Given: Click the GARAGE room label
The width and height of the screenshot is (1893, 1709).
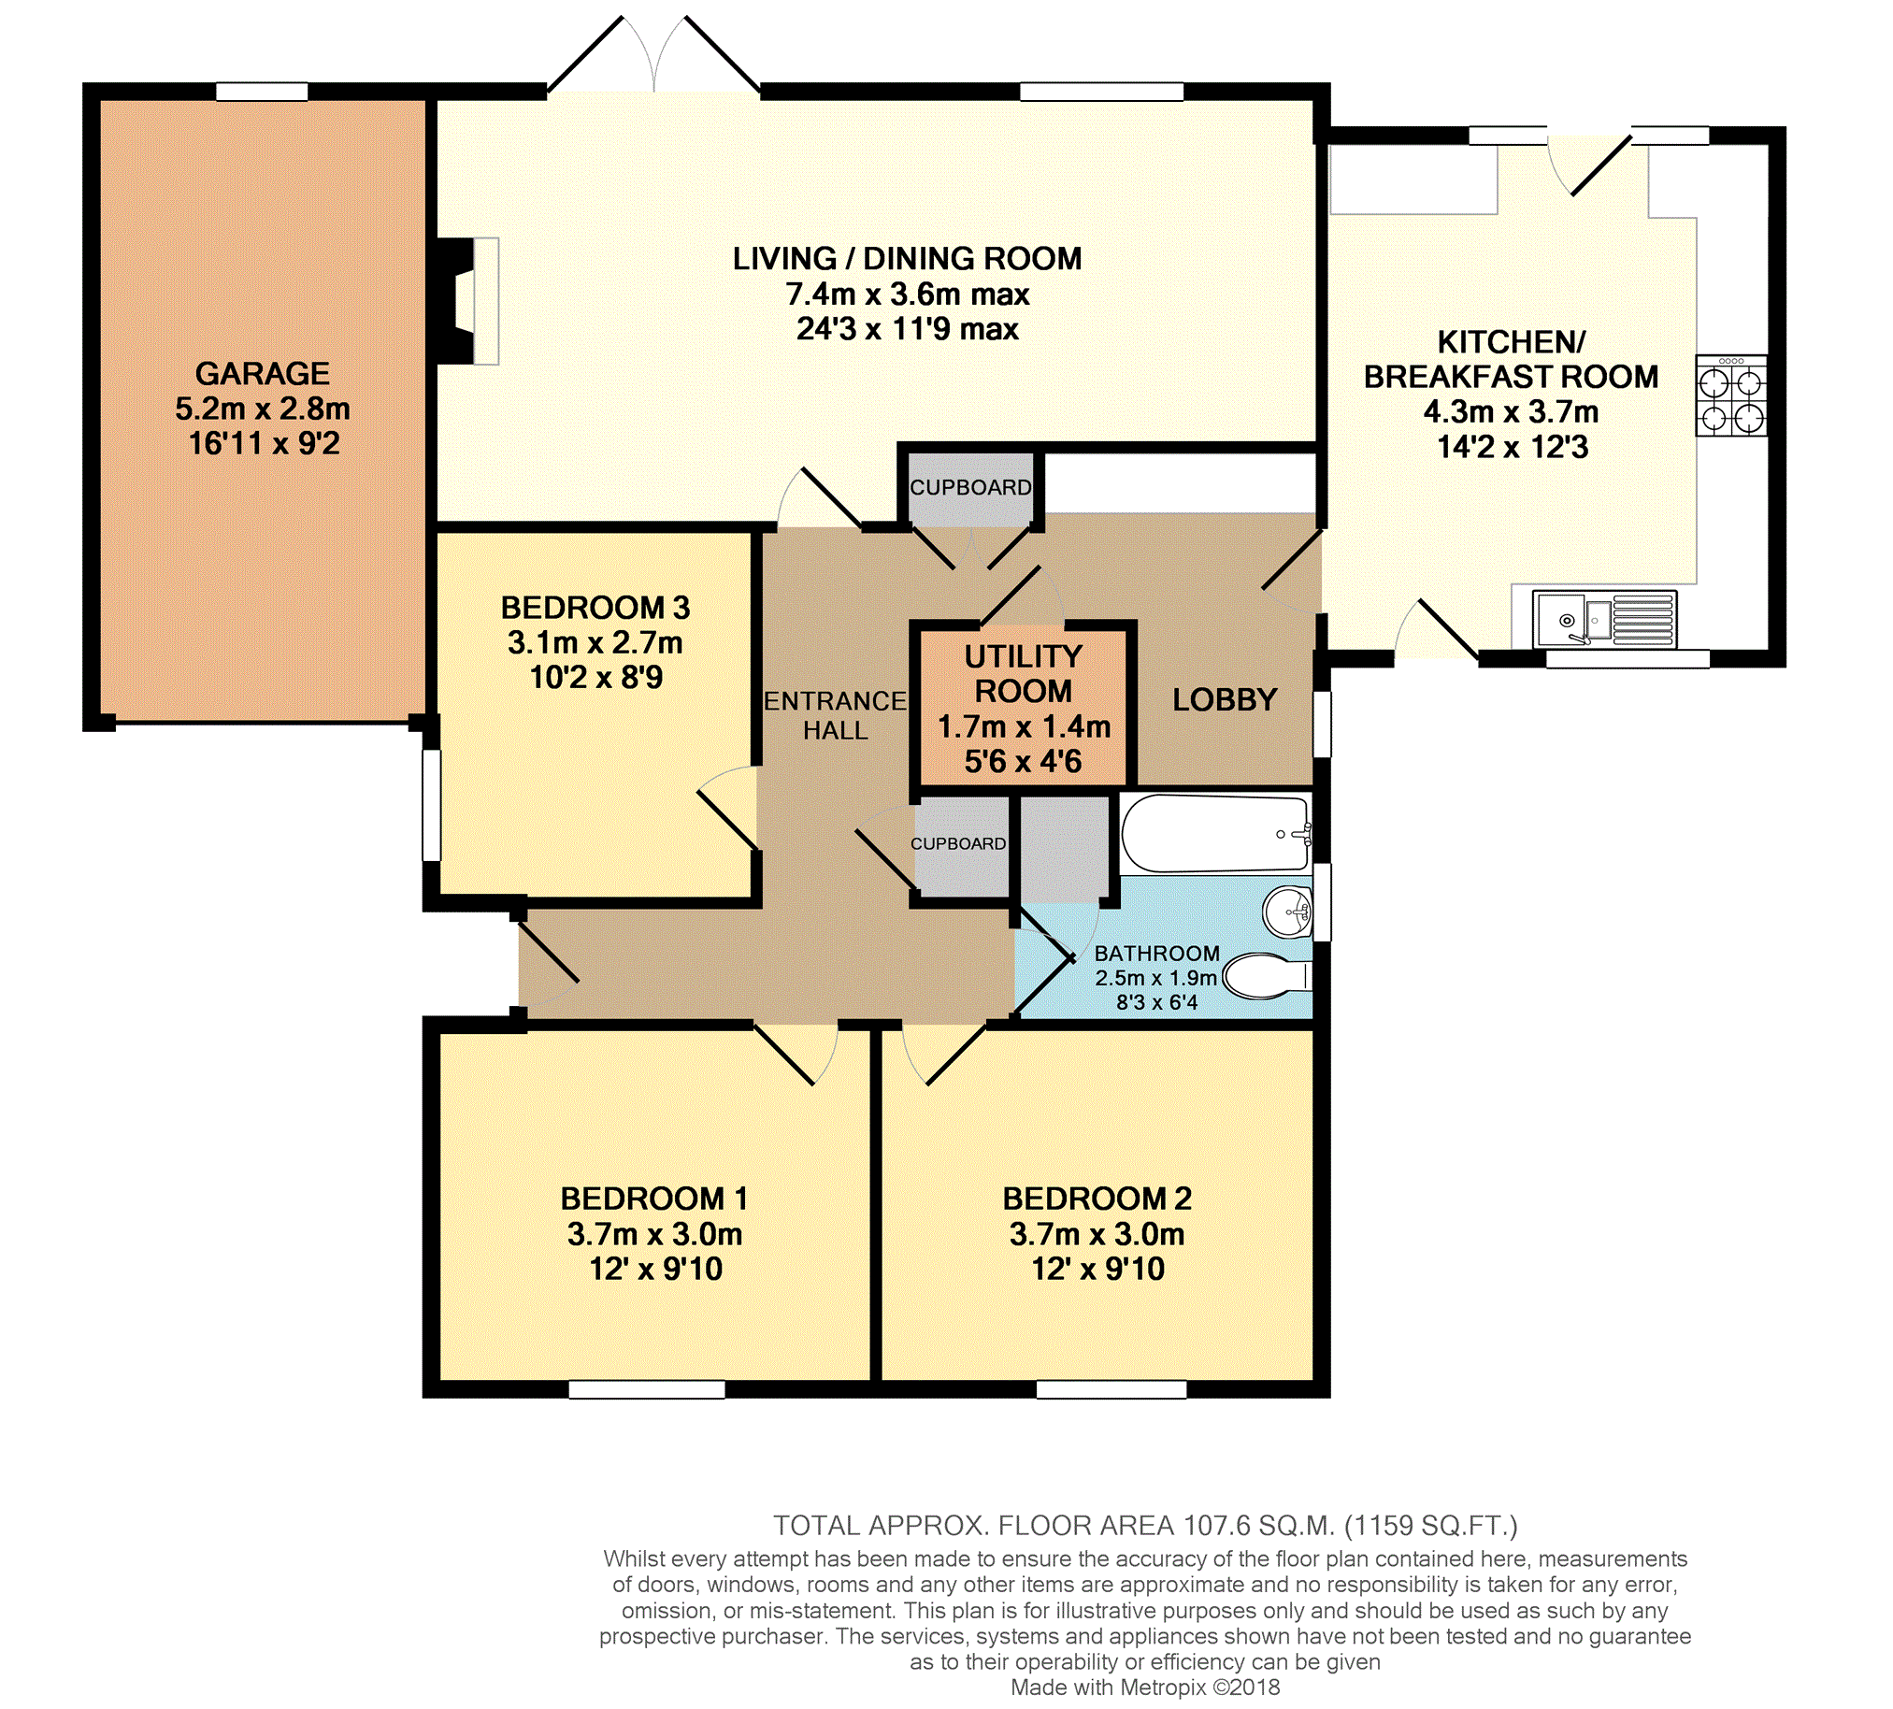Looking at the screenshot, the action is point(262,374).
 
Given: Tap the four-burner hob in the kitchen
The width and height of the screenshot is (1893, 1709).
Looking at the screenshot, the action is point(1731,395).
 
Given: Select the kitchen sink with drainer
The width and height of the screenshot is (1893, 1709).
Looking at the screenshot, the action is point(1605,619).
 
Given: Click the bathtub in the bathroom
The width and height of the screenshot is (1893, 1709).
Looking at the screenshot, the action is point(1217,834).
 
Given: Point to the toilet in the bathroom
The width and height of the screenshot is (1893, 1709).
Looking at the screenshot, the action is point(1268,977).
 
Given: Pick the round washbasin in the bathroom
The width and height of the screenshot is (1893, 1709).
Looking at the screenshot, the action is point(1288,912).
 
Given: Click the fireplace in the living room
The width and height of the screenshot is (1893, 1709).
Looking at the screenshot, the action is point(466,300).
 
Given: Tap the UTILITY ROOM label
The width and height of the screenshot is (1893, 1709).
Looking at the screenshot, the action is point(1024,673).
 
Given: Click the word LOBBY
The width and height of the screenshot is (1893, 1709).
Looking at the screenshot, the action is point(1225,699).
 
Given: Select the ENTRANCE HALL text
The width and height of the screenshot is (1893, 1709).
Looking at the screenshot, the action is point(835,715).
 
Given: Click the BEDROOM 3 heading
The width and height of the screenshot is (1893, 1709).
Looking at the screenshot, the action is point(595,608).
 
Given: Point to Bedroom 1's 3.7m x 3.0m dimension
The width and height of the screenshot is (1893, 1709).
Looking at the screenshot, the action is point(654,1234).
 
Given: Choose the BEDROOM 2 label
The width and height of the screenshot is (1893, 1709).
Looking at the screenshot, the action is point(1097,1199).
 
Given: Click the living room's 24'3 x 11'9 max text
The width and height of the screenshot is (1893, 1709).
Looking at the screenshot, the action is point(908,329).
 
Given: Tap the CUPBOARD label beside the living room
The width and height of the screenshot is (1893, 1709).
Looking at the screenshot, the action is point(970,487).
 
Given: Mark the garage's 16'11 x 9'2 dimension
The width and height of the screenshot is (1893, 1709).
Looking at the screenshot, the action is point(264,443).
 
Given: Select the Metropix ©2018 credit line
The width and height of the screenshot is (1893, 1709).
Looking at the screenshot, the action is point(1145,1687).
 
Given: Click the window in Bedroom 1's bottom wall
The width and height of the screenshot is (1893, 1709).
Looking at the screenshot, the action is point(647,1390).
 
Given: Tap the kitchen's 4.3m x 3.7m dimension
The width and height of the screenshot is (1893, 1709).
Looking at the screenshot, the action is point(1511,411).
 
